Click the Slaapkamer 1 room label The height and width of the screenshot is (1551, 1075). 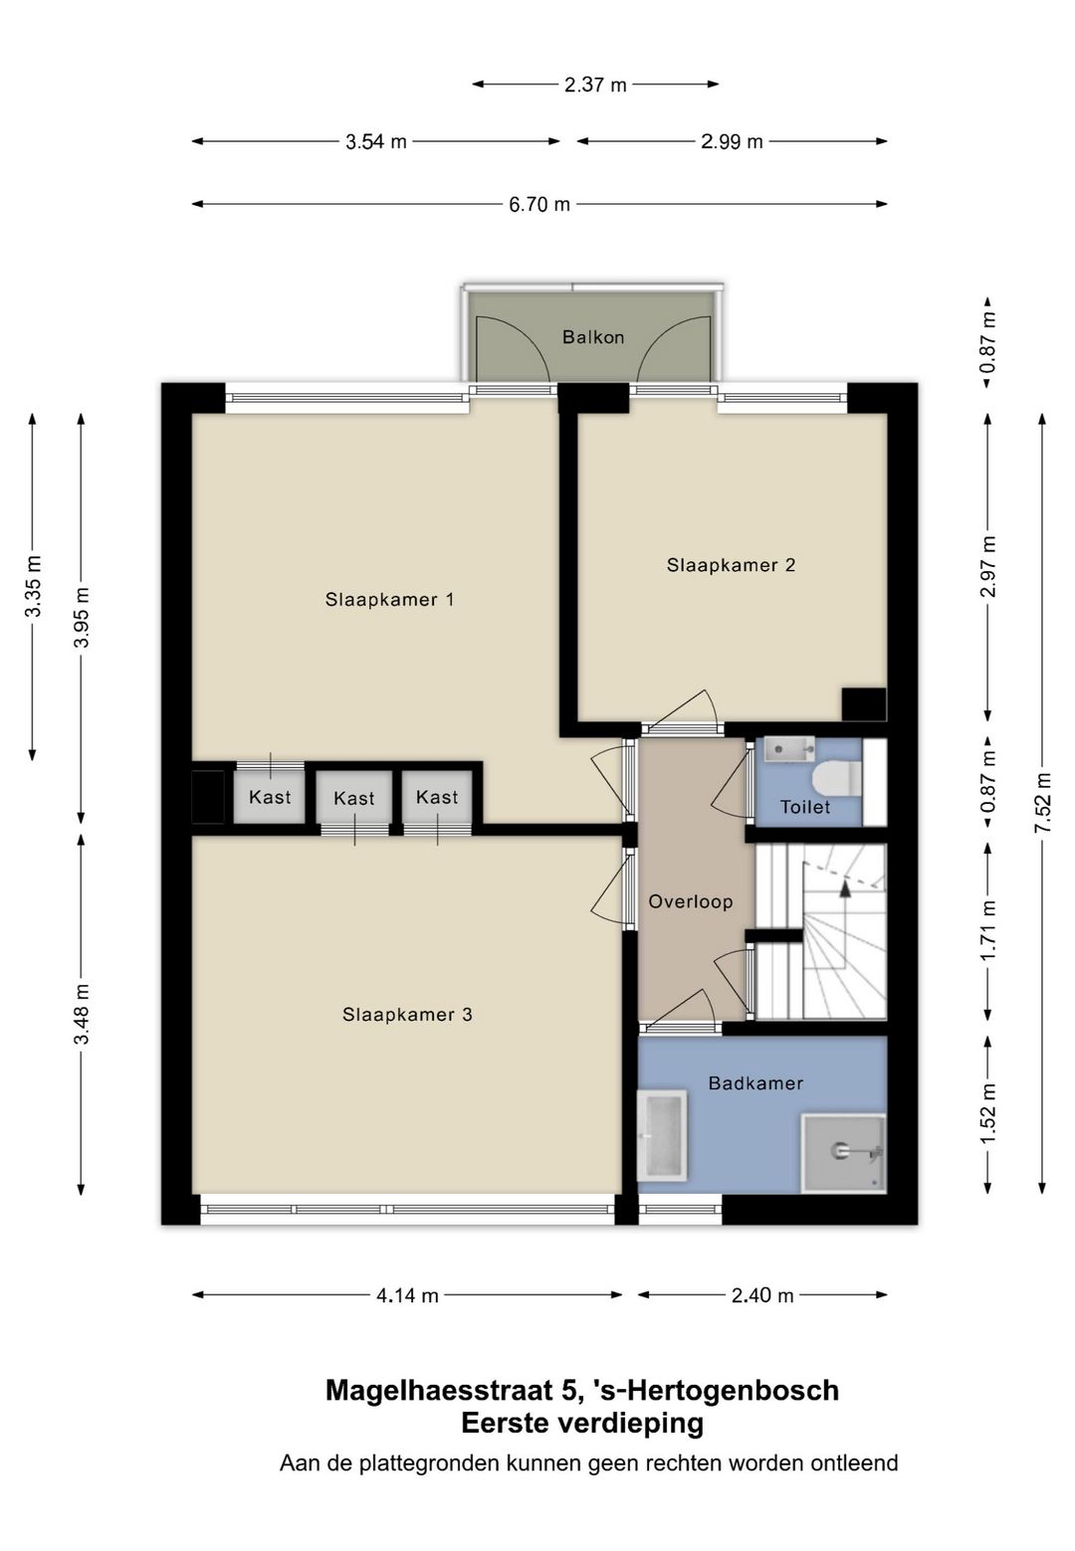point(389,599)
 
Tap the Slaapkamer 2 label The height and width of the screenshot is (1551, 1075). point(731,565)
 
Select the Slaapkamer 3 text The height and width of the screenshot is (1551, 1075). point(407,1015)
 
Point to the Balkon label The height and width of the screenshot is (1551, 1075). point(593,337)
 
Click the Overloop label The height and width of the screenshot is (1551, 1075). point(690,901)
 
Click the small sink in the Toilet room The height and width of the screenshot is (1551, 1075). point(788,748)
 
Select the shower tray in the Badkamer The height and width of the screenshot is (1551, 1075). point(844,1152)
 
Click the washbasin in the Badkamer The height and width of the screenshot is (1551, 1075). point(662,1134)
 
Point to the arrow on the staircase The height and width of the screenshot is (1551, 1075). point(845,888)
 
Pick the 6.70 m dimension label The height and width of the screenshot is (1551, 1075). point(539,204)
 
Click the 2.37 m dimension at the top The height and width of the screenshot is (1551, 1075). point(595,85)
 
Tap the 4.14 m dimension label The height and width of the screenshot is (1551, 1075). point(407,1295)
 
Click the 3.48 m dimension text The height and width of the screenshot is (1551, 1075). point(82,1014)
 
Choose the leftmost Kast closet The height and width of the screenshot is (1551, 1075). point(270,797)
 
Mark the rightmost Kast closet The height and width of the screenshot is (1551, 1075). point(437,797)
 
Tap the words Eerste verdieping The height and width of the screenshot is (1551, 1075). point(582,1423)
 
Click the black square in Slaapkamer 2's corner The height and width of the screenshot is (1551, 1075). point(863,704)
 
